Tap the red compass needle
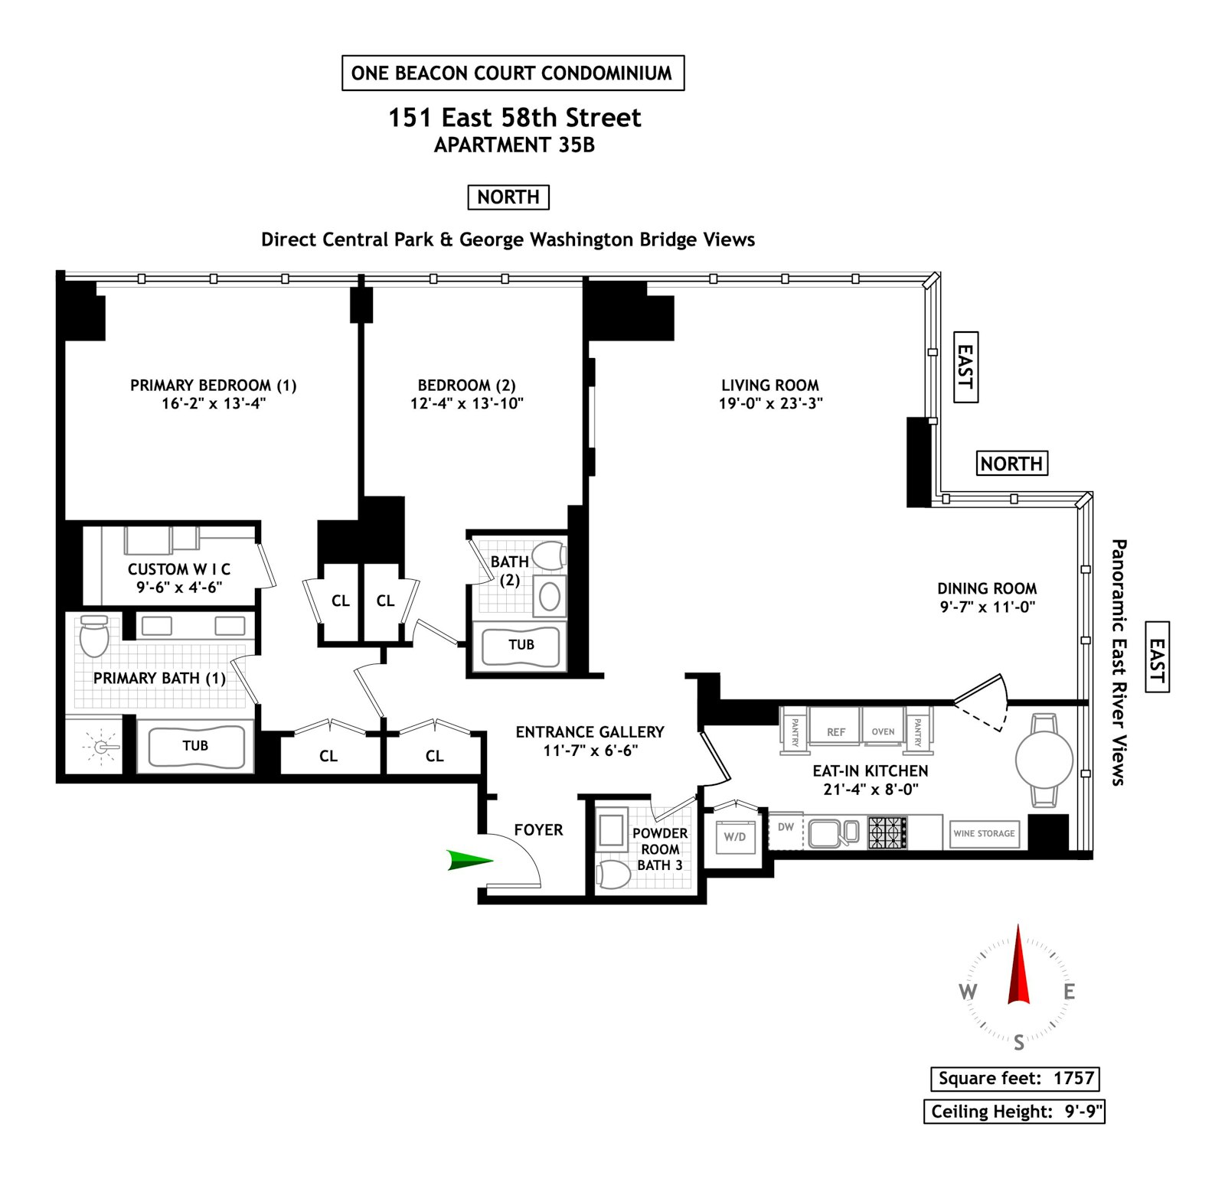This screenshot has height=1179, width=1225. tap(1018, 966)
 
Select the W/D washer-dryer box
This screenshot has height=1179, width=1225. tap(735, 836)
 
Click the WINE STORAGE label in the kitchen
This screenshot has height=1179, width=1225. tap(984, 833)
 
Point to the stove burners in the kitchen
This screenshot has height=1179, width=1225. tap(887, 832)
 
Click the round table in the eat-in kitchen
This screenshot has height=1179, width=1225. tap(1044, 760)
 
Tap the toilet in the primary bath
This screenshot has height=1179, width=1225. tap(94, 636)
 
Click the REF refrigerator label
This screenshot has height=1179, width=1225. tap(836, 732)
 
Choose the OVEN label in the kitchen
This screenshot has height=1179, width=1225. tap(883, 731)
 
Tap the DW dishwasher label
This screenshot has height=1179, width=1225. tap(786, 827)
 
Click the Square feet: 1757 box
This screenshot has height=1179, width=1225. tap(1015, 1079)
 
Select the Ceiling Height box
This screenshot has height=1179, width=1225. tap(1014, 1112)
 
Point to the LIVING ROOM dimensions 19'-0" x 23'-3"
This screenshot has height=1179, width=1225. tap(770, 403)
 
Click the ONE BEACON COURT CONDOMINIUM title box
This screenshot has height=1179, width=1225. tap(513, 73)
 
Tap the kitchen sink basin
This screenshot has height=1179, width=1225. tap(824, 832)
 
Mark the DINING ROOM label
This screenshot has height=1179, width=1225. tap(987, 588)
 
